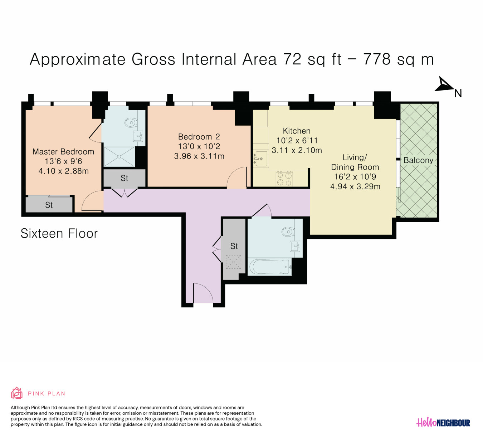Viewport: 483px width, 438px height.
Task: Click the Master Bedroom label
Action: (x=63, y=151)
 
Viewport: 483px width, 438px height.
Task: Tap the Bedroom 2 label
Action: (x=199, y=137)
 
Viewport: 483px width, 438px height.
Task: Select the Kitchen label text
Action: (x=296, y=131)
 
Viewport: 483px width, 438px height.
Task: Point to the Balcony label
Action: (x=418, y=160)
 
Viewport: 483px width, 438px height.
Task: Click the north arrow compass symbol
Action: (x=444, y=84)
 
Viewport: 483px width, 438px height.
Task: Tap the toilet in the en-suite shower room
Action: (x=131, y=123)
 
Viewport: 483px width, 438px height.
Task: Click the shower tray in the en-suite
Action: (x=119, y=156)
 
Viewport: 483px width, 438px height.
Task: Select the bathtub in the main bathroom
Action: (x=270, y=267)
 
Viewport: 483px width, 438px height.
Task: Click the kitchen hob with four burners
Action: (x=284, y=179)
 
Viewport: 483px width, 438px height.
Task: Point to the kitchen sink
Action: (x=261, y=159)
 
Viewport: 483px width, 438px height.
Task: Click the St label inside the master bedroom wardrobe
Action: (x=49, y=205)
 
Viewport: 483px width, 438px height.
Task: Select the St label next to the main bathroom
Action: (x=234, y=246)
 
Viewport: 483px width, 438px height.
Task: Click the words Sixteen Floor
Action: (x=59, y=233)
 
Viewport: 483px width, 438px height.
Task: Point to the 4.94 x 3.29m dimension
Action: (x=355, y=186)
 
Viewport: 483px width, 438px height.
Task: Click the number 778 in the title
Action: (x=377, y=59)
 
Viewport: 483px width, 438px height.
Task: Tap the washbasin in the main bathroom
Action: (x=295, y=246)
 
